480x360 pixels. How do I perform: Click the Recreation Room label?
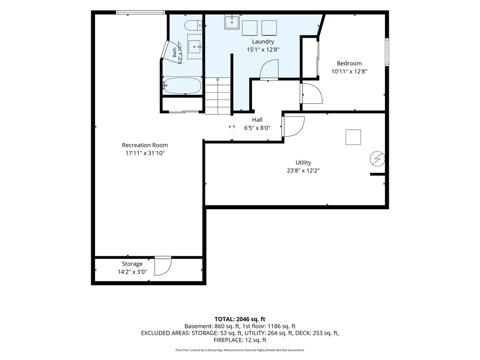point(145,145)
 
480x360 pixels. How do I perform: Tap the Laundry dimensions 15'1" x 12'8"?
point(263,49)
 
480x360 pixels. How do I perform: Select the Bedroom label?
point(349,63)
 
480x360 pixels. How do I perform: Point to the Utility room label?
point(303,163)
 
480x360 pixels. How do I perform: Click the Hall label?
point(257,120)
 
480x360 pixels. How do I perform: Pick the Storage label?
point(132,264)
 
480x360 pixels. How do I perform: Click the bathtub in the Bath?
point(182,86)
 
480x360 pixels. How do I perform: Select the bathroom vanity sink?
point(195,47)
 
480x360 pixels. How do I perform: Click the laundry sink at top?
point(232,22)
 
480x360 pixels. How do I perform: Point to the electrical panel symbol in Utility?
point(377,159)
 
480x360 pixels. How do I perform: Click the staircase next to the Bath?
point(217,96)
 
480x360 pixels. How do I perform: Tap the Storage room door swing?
point(163,266)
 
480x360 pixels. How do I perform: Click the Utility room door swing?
point(293,126)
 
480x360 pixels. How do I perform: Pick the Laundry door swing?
point(269,70)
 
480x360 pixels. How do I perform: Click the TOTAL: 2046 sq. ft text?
point(240,319)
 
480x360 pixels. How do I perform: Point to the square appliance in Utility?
point(353,137)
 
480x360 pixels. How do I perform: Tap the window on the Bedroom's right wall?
point(387,52)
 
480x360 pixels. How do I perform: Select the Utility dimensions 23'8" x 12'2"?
point(303,171)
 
